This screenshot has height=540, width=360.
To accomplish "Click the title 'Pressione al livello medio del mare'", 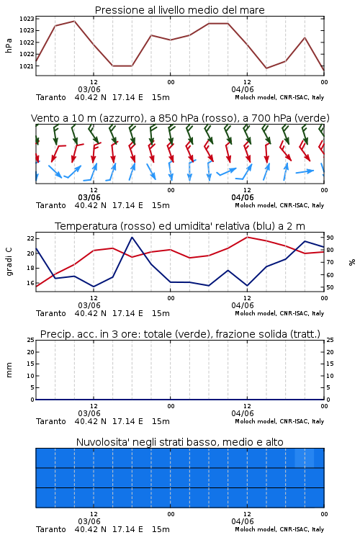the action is coord(179,10).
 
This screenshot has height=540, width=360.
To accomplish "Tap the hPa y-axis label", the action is coord(9,45).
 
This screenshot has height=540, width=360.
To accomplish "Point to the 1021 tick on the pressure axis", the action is coord(27,66).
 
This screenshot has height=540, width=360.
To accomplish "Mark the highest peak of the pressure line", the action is coord(74,22).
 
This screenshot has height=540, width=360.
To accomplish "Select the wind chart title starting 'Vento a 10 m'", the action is coord(180,119).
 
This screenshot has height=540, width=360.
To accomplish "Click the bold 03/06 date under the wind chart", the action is coord(89,198).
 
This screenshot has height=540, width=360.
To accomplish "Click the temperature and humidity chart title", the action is coord(180,226).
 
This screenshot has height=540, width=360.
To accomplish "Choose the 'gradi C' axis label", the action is coord(9,262).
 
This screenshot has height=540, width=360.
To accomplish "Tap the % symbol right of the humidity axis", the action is coord(352,262).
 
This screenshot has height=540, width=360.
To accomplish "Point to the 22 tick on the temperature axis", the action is coord(31,238).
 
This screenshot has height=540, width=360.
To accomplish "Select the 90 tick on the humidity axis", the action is coord(330,238).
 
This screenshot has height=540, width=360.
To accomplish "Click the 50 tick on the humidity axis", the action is coord(330,287).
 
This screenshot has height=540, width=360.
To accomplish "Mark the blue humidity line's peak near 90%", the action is coord(132,238).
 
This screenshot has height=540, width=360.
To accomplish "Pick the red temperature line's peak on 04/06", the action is coord(248,237).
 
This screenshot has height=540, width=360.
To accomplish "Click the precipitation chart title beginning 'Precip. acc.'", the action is coord(180,334).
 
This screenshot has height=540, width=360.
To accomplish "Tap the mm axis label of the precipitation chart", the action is coord(9,370).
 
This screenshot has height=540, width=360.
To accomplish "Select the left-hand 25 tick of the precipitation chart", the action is coord(31,340).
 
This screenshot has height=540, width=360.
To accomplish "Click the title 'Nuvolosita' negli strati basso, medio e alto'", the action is coord(179,442).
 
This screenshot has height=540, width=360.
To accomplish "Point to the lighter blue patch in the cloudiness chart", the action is coord(305,458).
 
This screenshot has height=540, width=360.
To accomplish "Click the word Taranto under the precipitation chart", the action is coord(50,421).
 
